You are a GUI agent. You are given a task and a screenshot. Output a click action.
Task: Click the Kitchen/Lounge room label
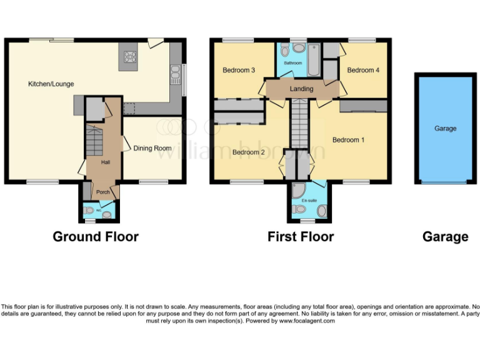[x=50, y=84]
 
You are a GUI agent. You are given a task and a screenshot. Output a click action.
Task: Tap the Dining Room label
[x=152, y=148]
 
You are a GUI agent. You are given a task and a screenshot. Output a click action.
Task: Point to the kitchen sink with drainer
[x=175, y=75]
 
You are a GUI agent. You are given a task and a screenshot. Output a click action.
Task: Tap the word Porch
[x=102, y=192]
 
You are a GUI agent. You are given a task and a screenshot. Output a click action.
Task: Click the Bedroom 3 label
[x=238, y=71]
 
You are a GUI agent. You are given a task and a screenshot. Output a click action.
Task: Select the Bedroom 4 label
[x=363, y=71]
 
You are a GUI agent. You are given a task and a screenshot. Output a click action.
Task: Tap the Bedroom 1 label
[x=348, y=140]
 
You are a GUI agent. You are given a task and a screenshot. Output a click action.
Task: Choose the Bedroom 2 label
[x=249, y=152]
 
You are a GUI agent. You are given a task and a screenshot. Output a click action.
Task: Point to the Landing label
[x=301, y=89]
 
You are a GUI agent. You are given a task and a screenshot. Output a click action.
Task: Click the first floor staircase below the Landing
[x=300, y=122]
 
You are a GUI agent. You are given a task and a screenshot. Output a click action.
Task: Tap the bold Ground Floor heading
[x=96, y=237]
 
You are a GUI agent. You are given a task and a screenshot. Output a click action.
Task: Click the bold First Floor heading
[x=301, y=237]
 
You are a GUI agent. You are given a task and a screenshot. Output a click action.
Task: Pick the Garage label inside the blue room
[x=445, y=128]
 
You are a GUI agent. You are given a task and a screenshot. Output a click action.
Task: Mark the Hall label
[x=106, y=162]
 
